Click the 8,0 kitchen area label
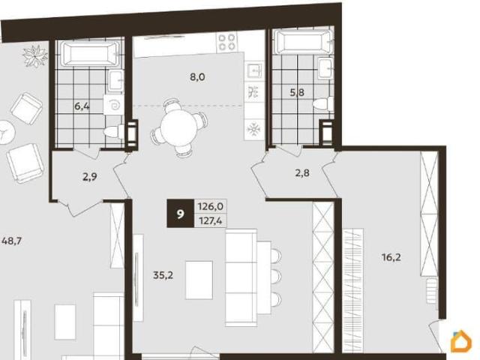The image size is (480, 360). coord(197,77)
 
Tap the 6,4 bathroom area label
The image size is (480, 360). coord(82,106)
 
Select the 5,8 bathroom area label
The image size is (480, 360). coord(297,92)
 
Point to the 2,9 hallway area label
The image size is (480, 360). coord(90,177)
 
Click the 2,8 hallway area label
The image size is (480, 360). coord(302,173)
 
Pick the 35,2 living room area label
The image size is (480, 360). coord(163,275)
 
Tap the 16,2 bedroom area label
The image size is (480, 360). coord(391,257)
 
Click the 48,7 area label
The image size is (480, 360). coord(11,241)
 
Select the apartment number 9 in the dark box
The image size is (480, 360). coord(181,214)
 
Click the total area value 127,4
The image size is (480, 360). coord(211,220)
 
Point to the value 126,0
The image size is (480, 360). coord(211,207)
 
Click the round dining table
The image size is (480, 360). coord(176,125)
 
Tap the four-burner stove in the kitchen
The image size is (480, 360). coord(226,42)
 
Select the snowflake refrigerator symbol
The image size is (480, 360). coord(253,130)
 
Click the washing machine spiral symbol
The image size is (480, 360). coord(114,105)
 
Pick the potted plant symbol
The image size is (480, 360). coord(35,55)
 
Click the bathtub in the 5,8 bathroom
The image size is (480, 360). coord(303,41)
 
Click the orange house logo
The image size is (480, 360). coord(461,340)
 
